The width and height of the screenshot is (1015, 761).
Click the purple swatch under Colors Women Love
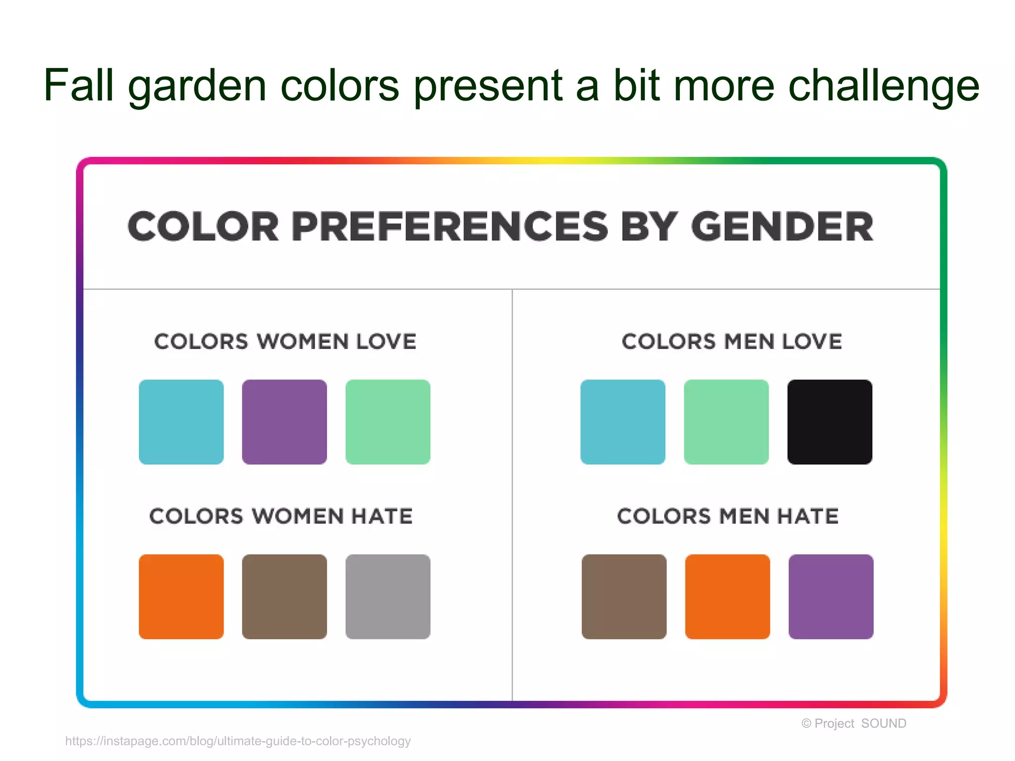(284, 422)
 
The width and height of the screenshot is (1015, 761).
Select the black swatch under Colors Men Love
(830, 422)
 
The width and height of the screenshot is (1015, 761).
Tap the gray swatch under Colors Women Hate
(388, 597)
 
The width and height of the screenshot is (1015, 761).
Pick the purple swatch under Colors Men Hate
(831, 597)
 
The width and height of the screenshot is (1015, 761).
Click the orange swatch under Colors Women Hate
(181, 597)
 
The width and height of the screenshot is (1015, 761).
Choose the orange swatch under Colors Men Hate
(728, 597)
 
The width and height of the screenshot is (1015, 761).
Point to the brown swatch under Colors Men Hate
(624, 597)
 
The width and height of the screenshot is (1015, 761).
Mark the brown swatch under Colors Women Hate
(284, 597)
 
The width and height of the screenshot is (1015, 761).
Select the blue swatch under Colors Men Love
(623, 422)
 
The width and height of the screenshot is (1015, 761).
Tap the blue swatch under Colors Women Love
(181, 422)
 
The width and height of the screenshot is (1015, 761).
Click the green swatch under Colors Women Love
(388, 422)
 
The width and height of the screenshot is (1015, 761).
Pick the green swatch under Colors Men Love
(726, 422)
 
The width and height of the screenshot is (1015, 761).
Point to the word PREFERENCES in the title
(450, 227)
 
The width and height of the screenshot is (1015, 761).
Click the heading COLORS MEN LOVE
(732, 342)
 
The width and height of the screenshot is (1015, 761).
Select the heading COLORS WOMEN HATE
(281, 516)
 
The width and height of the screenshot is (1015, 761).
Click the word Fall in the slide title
(79, 85)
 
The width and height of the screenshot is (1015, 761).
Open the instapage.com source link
(238, 741)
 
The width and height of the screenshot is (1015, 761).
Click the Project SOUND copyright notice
(853, 724)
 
